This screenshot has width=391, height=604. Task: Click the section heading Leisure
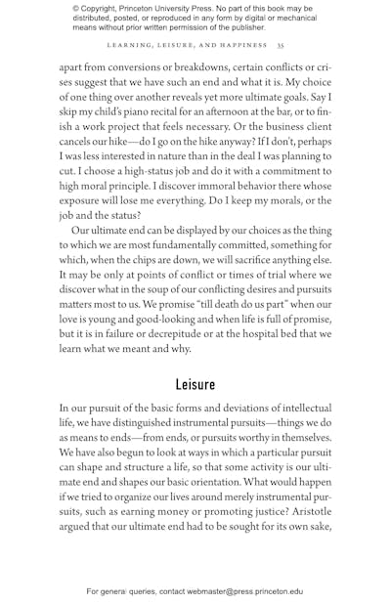tap(195, 384)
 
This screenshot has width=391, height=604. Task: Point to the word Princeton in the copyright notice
tap(150, 9)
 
